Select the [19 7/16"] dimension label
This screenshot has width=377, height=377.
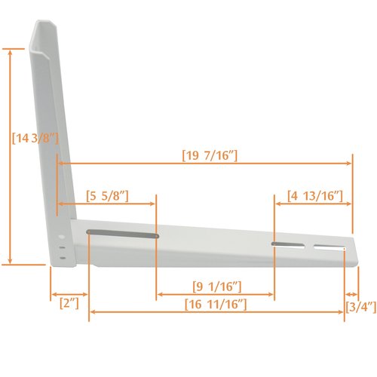click(x=210, y=155)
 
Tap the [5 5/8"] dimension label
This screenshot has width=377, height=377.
click(x=106, y=196)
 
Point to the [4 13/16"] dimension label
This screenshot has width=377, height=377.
click(x=316, y=196)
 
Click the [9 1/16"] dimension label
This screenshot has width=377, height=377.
click(x=216, y=286)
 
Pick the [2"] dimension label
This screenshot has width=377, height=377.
click(x=69, y=304)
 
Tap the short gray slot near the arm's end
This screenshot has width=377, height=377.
click(x=285, y=244)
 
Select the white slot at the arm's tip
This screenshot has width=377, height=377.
click(x=327, y=247)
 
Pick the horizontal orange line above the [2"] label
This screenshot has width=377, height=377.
click(x=69, y=294)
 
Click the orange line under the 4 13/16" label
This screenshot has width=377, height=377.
click(x=312, y=204)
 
